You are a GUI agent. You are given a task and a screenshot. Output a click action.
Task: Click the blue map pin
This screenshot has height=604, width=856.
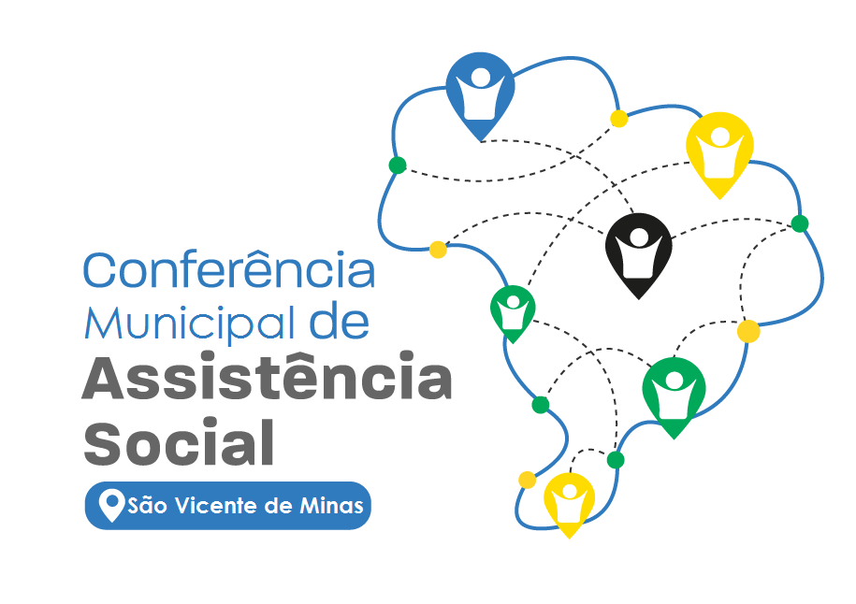coord(480,93)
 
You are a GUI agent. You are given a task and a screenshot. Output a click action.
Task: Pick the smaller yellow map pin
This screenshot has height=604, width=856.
coord(569,502)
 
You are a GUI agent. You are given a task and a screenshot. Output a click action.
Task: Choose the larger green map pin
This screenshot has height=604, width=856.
coord(674,394)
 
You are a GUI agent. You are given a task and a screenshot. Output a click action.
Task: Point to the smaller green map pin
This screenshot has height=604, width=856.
coord(513,311)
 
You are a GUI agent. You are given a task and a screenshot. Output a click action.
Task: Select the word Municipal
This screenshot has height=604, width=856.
coord(189,324)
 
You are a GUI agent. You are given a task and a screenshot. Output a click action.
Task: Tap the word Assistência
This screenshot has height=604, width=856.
coord(267,377)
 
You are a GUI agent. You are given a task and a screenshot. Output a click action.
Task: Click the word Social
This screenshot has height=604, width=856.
coord(179,441)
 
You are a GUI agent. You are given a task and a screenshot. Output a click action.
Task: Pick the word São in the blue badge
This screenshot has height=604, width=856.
coord(147,506)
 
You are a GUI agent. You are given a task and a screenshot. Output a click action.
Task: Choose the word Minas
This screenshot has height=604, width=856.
coord(331,506)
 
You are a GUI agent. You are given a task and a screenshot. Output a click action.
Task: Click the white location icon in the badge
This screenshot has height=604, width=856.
coord(112,505)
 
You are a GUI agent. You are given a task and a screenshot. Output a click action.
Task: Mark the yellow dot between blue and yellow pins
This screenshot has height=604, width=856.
coord(618,119)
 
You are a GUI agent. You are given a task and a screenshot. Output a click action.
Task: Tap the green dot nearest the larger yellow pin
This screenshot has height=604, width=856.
coord(800,223)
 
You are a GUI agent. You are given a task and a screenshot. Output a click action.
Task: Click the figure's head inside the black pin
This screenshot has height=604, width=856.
coord(638,237)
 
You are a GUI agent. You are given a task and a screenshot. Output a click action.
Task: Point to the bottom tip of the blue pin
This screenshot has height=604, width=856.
coord(481,142)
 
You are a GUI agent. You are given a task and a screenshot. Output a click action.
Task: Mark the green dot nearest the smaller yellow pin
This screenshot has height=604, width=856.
coord(616,460)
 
